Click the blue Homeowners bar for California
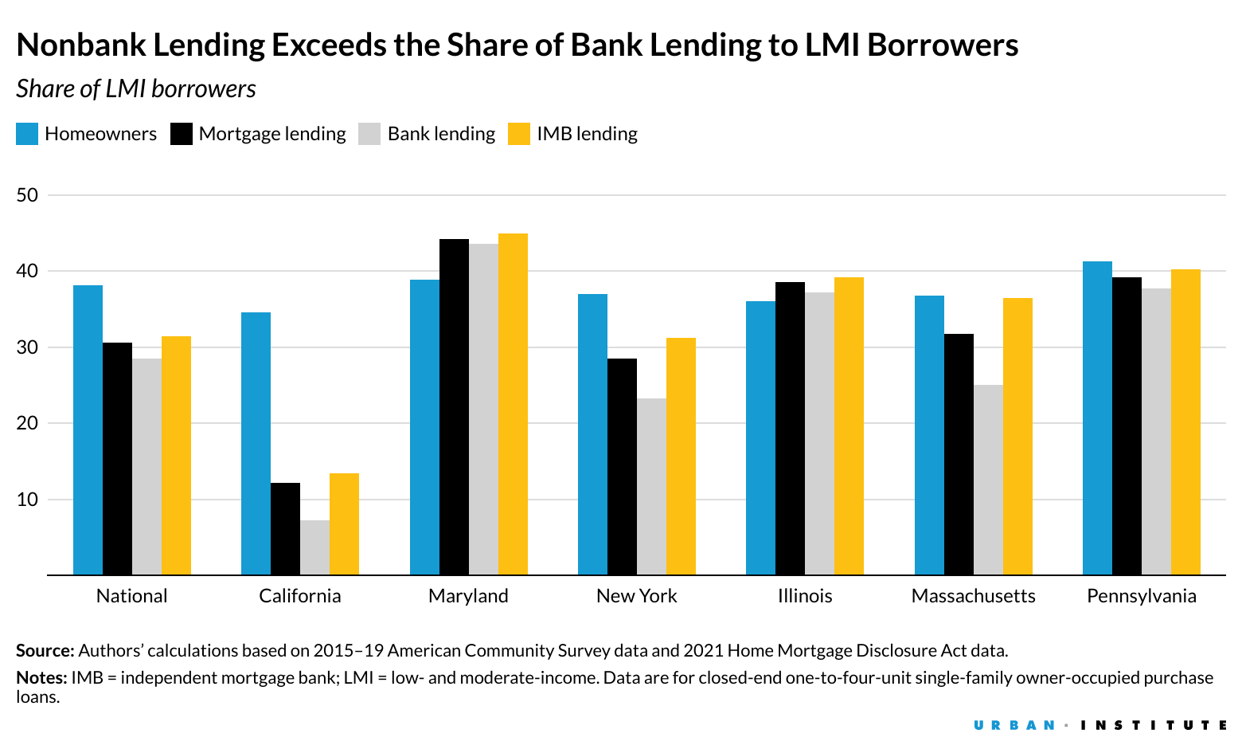pos(256,443)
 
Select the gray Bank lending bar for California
pos(314,547)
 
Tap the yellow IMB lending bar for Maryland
pos(513,404)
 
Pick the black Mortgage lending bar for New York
pos(622,466)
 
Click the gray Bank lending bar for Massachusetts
pos(988,480)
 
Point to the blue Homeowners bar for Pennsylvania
pos(1097,418)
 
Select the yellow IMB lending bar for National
pos(176,455)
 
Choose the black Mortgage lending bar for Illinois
pos(790,428)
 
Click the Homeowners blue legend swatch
pos(27,134)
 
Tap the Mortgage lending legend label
pos(272,134)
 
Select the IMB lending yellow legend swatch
pos(519,134)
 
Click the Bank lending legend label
pos(441,134)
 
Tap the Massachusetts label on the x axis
pos(973,596)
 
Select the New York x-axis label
pos(636,596)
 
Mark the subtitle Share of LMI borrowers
pos(136,88)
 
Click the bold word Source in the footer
pos(45,650)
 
